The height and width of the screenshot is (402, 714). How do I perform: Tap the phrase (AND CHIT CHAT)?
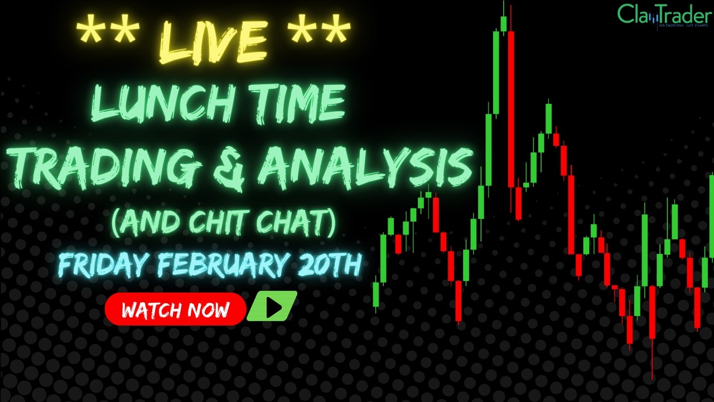click(x=223, y=222)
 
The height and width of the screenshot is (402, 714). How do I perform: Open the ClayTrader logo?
click(x=663, y=15)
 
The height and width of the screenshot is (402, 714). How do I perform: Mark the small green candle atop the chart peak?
click(x=503, y=23)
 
